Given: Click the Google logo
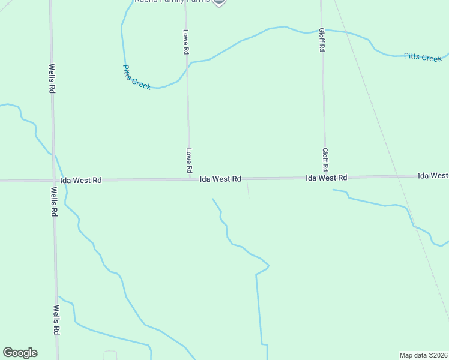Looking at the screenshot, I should [20, 353].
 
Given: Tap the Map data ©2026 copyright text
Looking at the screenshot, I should [423, 355].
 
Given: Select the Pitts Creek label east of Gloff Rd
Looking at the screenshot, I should [423, 57].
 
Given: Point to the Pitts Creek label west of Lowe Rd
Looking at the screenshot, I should [137, 77].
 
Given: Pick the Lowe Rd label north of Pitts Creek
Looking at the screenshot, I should [185, 42].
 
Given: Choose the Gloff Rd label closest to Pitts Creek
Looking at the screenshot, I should [322, 40].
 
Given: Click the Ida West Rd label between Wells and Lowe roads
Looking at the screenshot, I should [81, 180].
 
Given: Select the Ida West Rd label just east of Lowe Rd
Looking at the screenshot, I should [220, 179].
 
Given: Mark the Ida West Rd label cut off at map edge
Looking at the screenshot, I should [433, 176].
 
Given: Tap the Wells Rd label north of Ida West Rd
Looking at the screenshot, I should [52, 79].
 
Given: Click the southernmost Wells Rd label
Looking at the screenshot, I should [56, 320].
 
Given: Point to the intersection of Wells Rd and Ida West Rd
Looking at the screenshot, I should [53, 180].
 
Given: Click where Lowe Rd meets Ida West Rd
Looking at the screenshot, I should [189, 178].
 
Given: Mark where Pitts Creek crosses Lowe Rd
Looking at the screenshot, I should [187, 67].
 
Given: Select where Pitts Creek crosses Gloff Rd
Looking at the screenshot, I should [322, 29].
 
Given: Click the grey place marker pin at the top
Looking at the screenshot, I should [219, 2].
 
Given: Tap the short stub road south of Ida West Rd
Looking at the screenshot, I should [248, 189].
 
